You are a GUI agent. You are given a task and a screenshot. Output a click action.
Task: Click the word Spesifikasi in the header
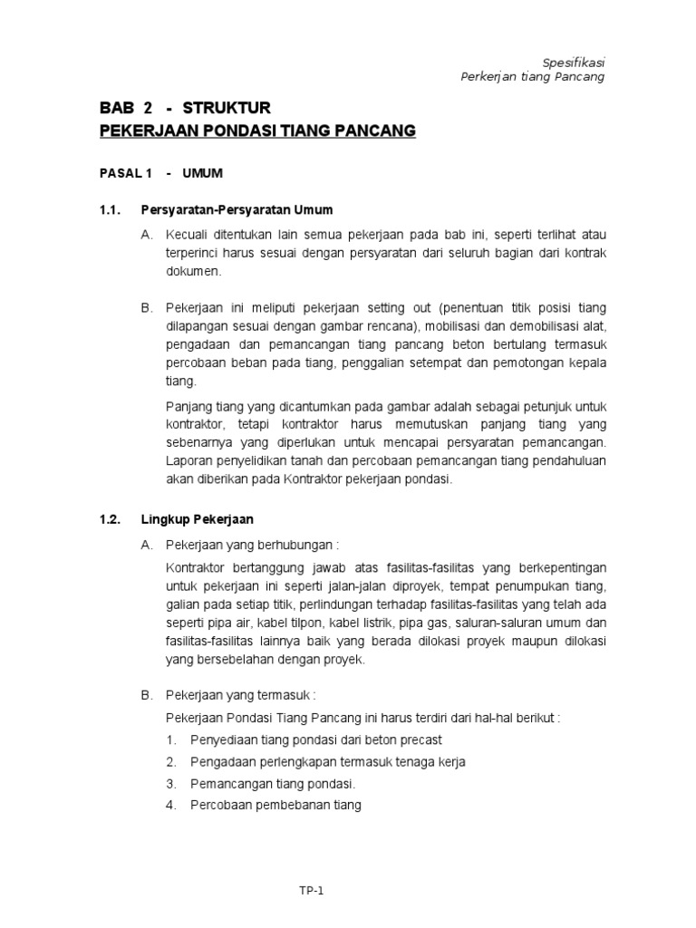coord(573,62)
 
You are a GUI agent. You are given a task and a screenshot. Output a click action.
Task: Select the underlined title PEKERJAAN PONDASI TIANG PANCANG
coord(257,131)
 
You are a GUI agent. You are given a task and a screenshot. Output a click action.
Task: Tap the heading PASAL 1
coord(127,172)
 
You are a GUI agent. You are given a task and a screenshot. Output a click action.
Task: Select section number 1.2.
coord(110,519)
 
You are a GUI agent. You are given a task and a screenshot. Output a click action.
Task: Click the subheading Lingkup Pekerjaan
coord(198,519)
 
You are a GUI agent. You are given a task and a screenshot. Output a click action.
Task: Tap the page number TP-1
coord(311,891)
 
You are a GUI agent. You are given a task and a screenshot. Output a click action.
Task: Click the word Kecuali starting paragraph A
coord(186,235)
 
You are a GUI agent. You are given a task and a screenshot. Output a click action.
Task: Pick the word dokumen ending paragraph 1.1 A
coord(192,271)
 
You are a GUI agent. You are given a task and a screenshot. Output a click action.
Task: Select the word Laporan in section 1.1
coord(188,460)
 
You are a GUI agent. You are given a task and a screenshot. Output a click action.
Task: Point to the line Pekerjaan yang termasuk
coord(240,695)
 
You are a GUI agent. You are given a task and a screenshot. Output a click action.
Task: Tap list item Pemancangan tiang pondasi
coord(273,783)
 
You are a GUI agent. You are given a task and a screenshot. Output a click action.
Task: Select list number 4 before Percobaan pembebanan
coord(170,804)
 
